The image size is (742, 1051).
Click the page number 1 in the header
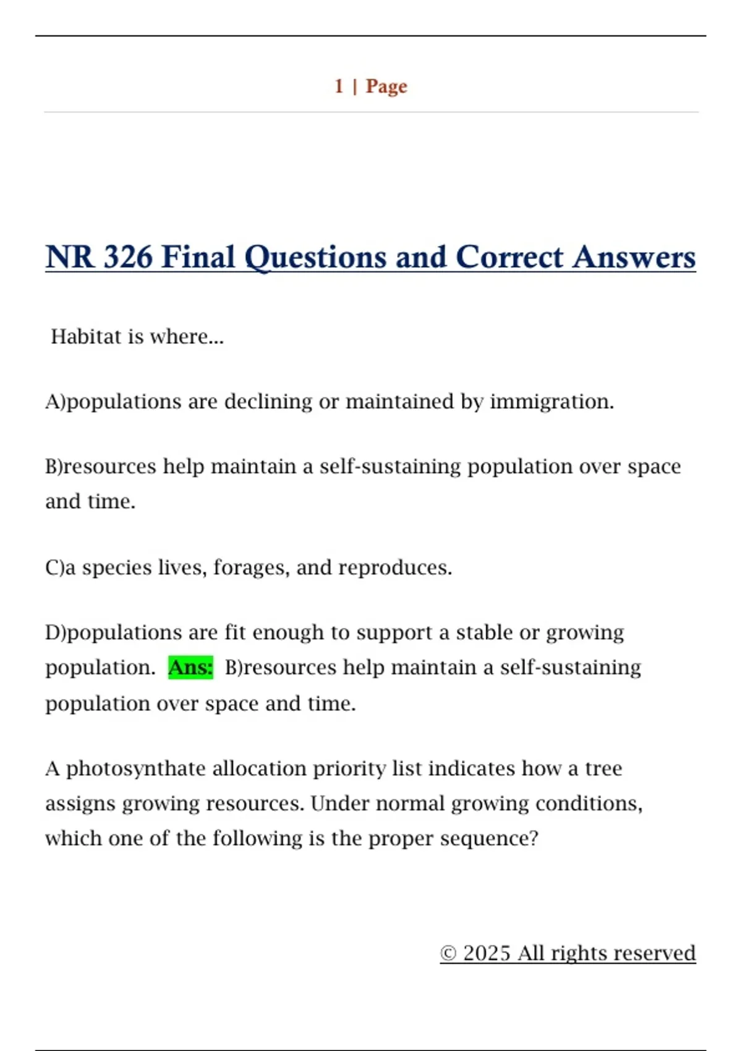click(339, 86)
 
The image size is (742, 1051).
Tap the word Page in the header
click(386, 87)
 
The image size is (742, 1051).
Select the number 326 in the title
click(127, 257)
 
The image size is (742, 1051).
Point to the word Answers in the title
click(634, 257)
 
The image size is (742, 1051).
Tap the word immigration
click(552, 402)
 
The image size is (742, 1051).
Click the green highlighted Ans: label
click(190, 668)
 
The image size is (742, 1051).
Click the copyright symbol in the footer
click(448, 953)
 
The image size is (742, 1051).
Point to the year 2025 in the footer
click(487, 953)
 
